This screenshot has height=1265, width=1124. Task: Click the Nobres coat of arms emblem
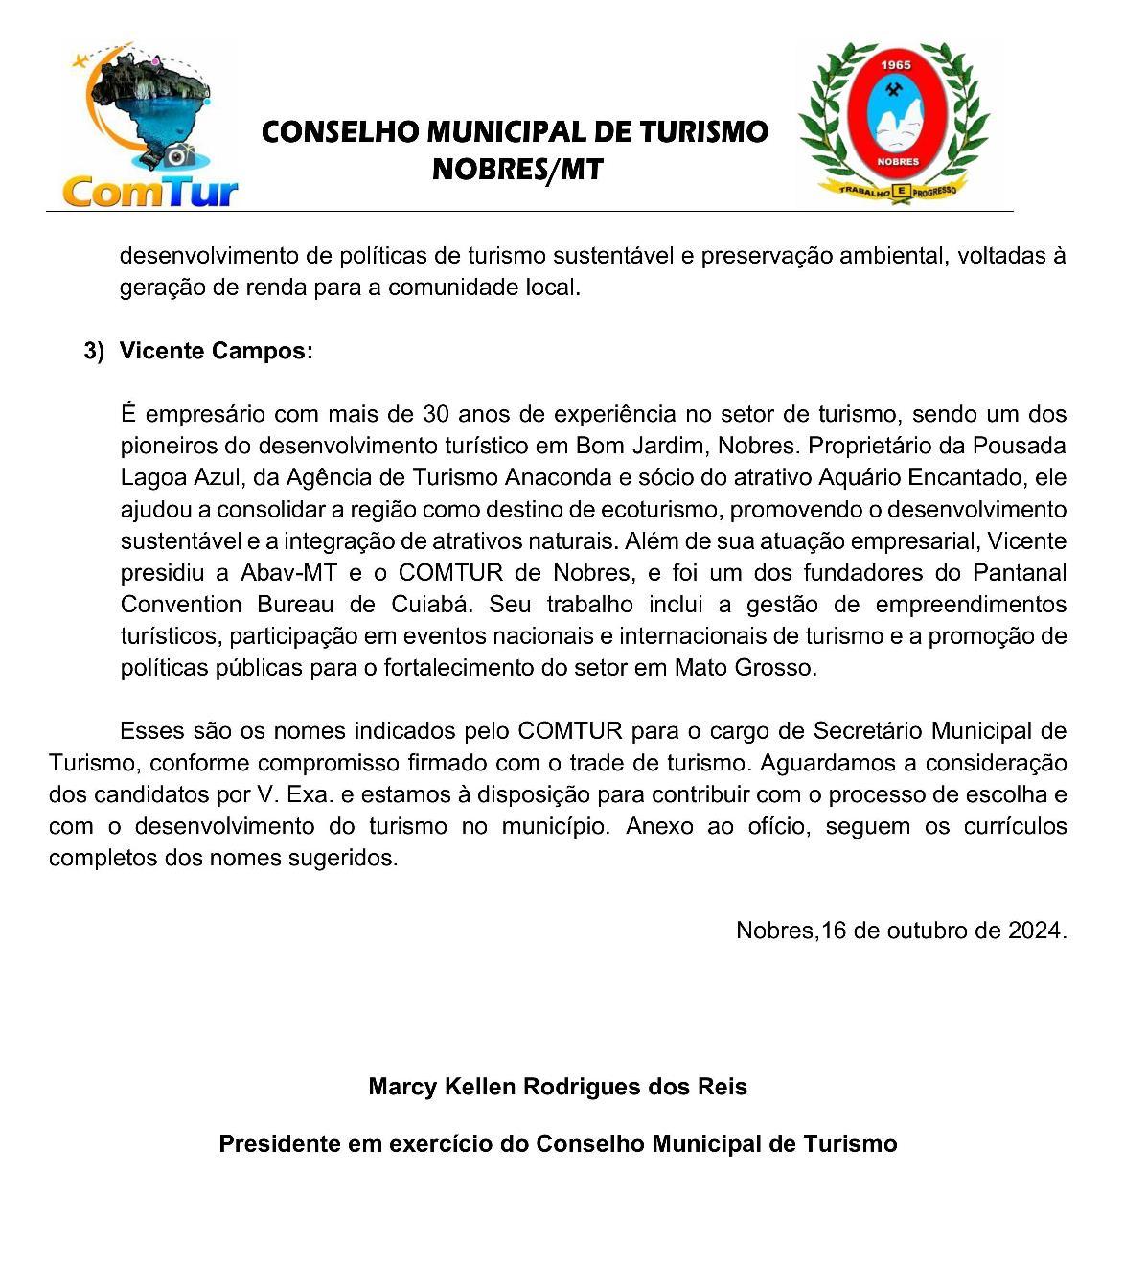pos(893,122)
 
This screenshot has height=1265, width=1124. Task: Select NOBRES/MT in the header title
pos(517,170)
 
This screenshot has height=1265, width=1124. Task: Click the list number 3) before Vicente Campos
pos(94,351)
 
